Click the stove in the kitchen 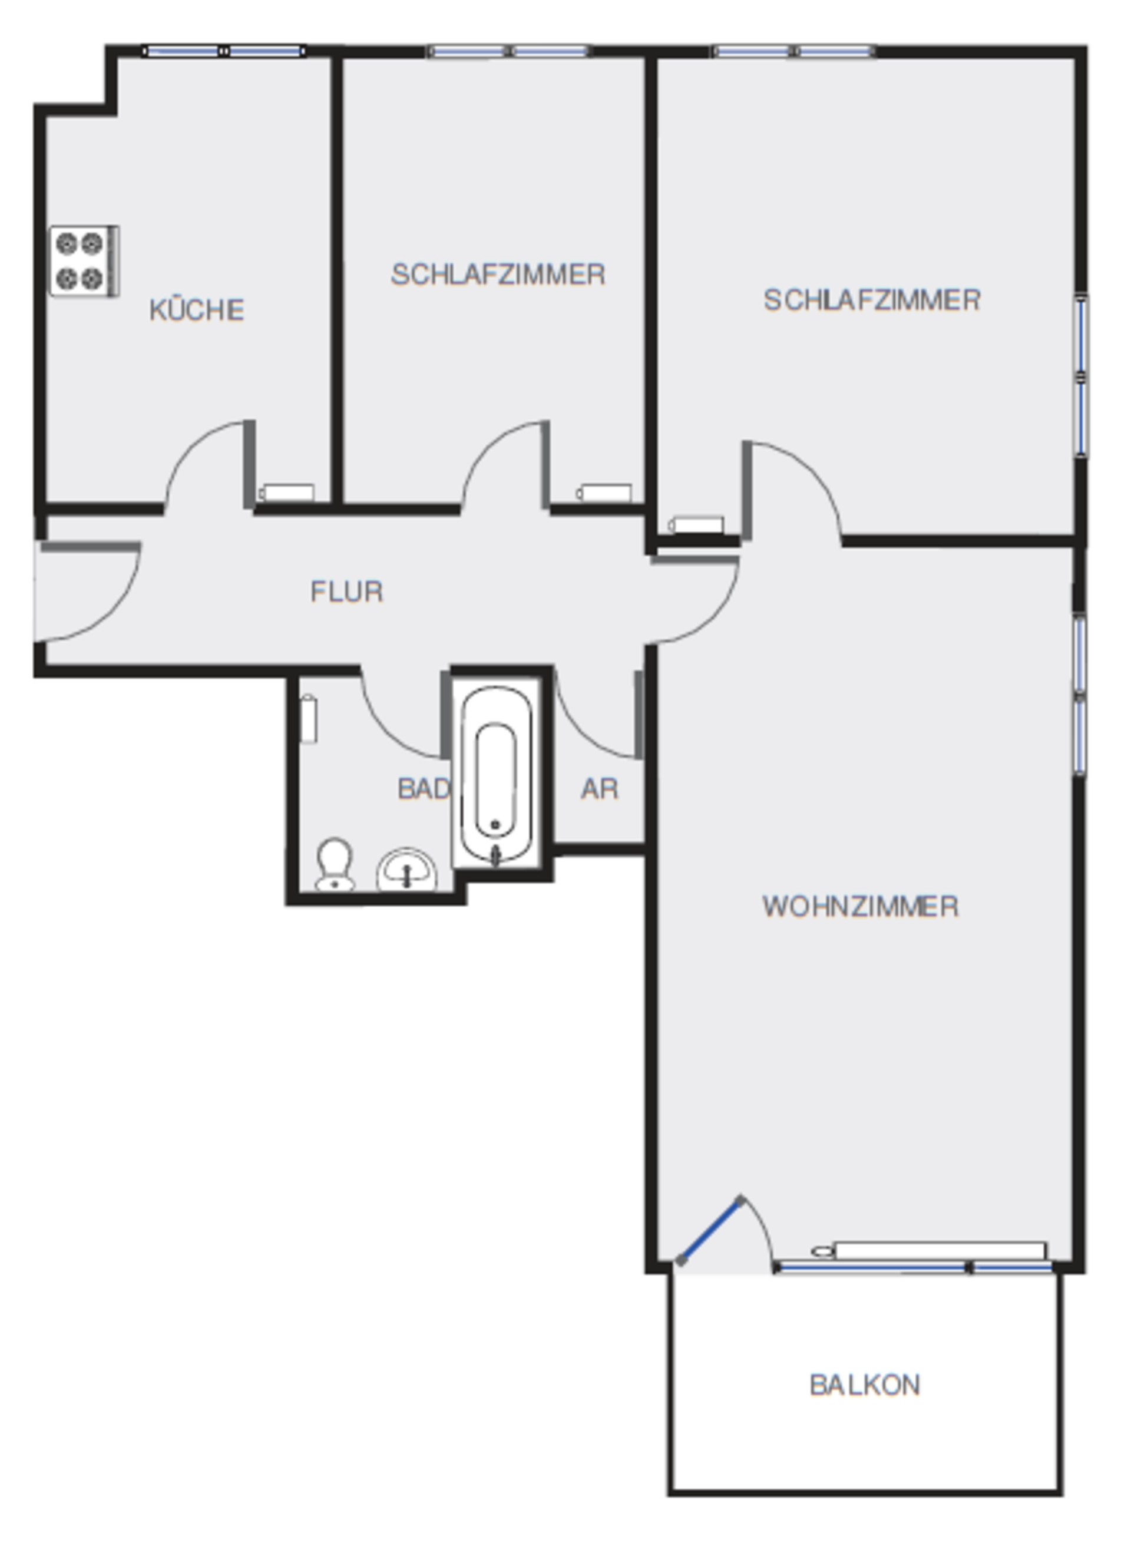85,260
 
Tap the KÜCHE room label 197,309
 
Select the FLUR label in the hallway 346,592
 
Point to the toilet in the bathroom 335,865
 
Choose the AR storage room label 600,789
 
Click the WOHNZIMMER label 860,906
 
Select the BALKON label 865,1385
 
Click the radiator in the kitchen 287,493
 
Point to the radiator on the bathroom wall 309,718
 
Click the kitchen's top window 224,51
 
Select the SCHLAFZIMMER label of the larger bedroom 872,300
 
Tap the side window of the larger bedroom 1081,376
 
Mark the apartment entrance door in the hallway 88,592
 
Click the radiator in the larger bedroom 696,525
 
